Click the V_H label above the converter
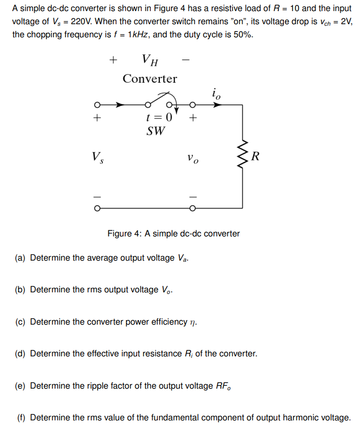click(x=150, y=60)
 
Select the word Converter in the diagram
click(x=150, y=79)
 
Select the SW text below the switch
click(x=157, y=132)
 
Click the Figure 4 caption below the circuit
click(x=173, y=233)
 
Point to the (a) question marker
click(x=20, y=258)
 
